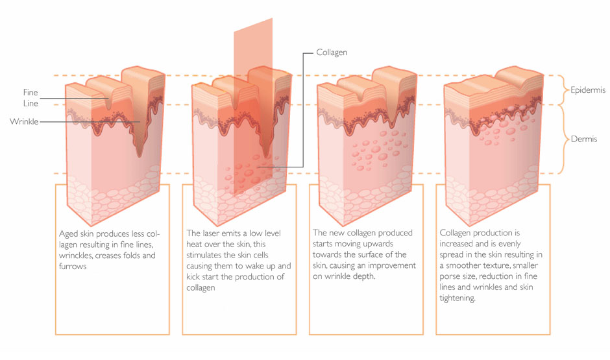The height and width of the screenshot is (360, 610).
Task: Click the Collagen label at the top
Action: (332, 51)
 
